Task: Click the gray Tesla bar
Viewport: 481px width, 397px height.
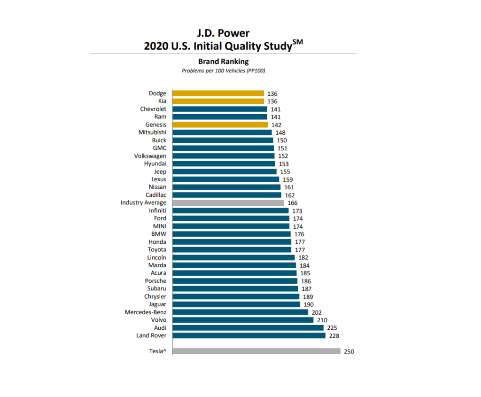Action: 256,351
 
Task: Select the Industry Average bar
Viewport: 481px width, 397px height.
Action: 228,202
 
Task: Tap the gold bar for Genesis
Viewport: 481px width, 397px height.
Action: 220,125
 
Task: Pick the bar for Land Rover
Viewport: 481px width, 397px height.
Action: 249,335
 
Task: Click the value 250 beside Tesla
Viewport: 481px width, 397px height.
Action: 349,351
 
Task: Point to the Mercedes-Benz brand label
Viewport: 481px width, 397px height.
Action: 145,312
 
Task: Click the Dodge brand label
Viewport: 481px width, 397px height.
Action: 157,93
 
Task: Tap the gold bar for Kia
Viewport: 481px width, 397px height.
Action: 218,101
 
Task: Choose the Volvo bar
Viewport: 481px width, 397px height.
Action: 243,320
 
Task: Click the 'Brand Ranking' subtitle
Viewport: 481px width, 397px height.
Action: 223,61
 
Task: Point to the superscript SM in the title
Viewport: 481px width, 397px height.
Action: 298,42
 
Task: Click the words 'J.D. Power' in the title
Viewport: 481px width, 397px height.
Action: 223,33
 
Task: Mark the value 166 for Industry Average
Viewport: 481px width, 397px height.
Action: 293,203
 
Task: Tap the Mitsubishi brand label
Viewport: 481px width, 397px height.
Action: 152,132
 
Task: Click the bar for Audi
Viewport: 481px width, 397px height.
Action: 248,327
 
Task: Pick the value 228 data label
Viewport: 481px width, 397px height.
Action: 334,336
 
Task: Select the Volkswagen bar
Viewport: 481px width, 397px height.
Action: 224,156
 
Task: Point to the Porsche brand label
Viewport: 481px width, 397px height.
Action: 155,281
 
